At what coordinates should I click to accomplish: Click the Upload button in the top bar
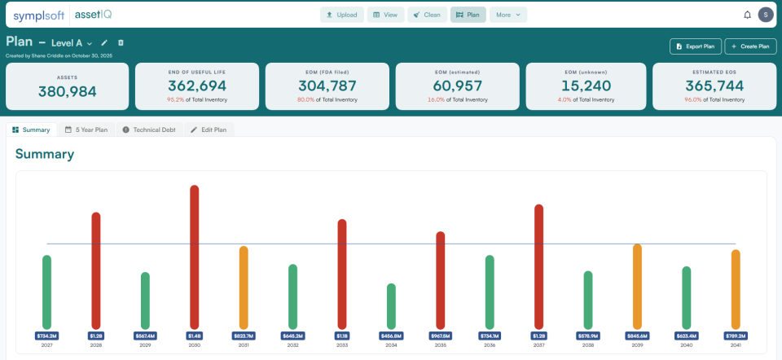coord(341,15)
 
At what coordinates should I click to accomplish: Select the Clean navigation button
coord(426,15)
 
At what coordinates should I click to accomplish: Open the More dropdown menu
coord(508,15)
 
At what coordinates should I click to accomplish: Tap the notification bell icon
coord(747,15)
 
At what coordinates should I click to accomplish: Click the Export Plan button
coord(695,46)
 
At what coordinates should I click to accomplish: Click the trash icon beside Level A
coord(121,42)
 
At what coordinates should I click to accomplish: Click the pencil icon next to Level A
coord(104,42)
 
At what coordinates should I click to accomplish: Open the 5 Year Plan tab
coord(86,130)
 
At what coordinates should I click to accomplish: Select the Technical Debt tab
coord(151,130)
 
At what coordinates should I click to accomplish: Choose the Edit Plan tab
coord(209,130)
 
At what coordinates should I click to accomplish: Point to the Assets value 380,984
coord(67,91)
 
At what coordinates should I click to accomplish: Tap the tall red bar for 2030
coord(194,257)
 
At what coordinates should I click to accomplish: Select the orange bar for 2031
coord(243,287)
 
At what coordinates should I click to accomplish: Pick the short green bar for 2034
coord(391,305)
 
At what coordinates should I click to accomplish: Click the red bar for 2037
coord(538,266)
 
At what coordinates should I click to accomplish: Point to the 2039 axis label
coord(637,345)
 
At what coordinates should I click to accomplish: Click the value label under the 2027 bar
coord(46,335)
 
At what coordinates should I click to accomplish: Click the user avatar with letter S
coord(765,15)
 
